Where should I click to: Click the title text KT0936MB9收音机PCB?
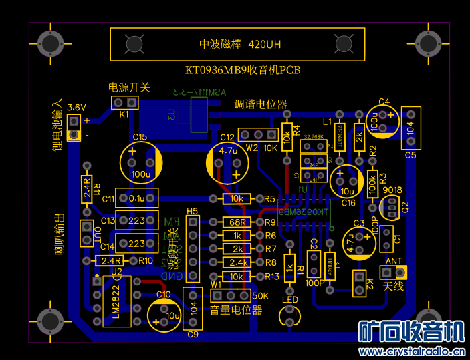click(243, 70)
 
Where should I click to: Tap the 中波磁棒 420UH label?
click(241, 45)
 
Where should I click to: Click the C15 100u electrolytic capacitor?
click(141, 162)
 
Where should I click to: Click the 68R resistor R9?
click(236, 222)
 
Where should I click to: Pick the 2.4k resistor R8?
click(236, 262)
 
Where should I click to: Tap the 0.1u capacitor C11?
click(137, 198)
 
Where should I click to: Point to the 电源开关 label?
click(129, 87)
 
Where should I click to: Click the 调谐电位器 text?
click(260, 104)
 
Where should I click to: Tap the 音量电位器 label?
click(235, 310)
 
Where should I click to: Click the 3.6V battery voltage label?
click(77, 107)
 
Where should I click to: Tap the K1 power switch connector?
click(125, 103)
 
